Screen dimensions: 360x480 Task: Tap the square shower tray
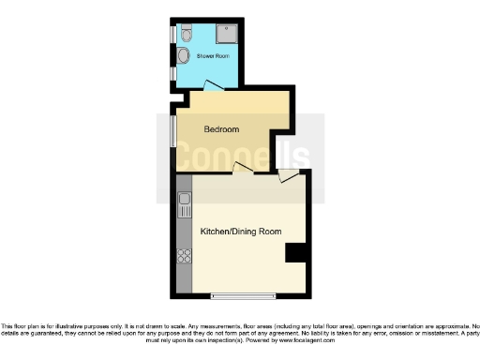225,35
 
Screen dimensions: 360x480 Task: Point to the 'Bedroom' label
221,129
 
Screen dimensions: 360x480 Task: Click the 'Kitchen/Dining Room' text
234,231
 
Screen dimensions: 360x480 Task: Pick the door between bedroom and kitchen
243,168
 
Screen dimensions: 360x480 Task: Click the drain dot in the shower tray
225,35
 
